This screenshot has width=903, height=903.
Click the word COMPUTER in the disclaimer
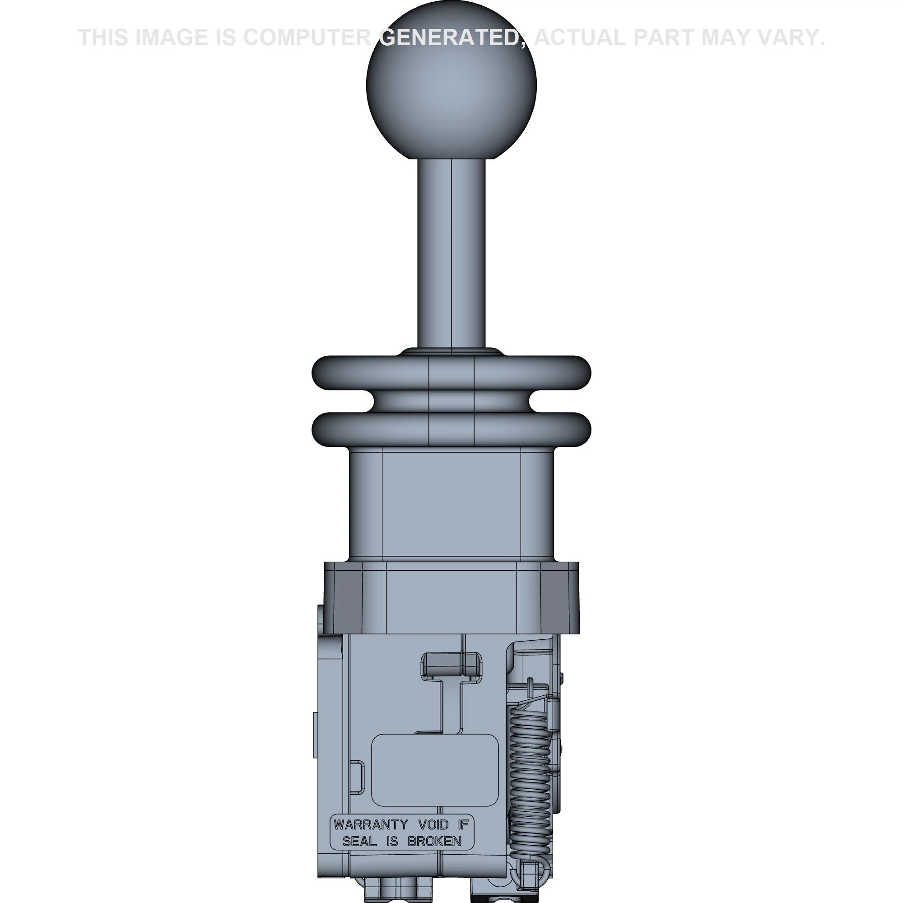[x=307, y=37]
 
